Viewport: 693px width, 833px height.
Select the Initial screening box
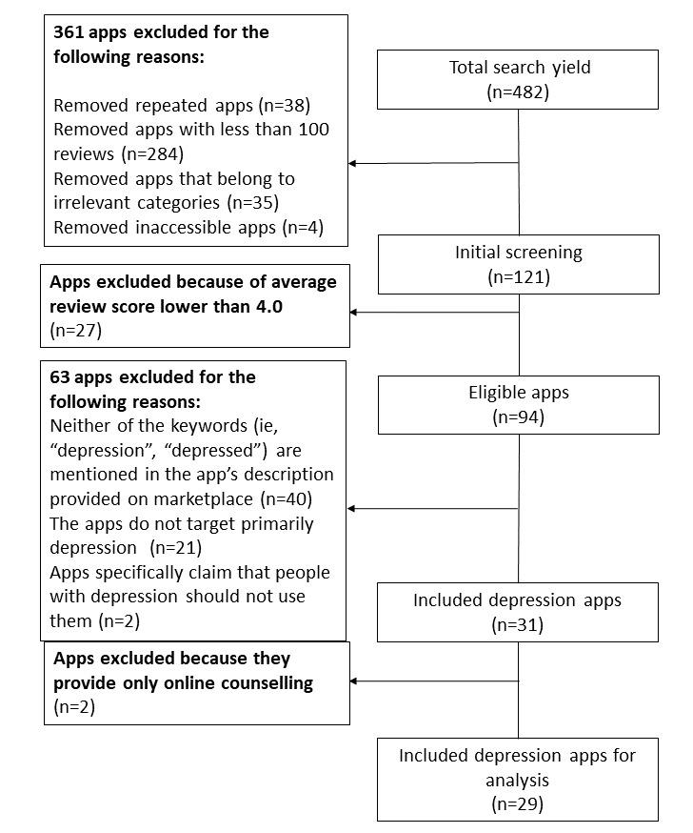tap(518, 264)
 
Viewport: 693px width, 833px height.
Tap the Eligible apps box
tap(518, 404)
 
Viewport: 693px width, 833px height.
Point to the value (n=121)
tap(518, 276)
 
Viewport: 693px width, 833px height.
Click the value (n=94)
tap(518, 416)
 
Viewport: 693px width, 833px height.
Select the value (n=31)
tap(518, 624)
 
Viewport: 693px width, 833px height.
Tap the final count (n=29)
tap(518, 803)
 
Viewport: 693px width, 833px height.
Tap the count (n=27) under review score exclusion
tap(75, 331)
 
